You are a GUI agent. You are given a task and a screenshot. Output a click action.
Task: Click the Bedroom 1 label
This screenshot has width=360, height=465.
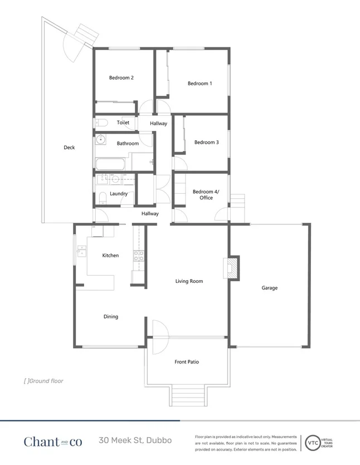click(x=200, y=84)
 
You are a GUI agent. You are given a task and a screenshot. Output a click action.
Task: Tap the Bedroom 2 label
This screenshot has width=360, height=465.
click(x=121, y=78)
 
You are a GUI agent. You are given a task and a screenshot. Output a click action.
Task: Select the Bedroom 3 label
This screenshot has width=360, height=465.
click(x=206, y=143)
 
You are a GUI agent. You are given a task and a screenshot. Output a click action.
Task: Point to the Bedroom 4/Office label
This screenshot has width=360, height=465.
click(x=206, y=194)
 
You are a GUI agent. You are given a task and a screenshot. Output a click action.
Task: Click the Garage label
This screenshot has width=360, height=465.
click(x=270, y=288)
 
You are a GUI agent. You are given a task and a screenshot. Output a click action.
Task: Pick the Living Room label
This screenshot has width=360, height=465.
click(x=189, y=281)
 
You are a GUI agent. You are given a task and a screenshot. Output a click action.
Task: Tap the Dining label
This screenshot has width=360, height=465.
click(x=110, y=317)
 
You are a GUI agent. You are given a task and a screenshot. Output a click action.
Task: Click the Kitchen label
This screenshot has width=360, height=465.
click(x=110, y=256)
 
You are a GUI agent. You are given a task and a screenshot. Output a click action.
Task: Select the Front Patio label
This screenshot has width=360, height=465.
click(x=186, y=362)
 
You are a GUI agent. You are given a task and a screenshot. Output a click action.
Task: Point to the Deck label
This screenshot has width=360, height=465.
click(x=69, y=148)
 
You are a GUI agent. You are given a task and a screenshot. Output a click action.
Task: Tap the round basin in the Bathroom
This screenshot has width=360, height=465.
click(x=101, y=139)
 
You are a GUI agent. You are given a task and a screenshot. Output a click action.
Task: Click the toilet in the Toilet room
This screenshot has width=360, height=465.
click(x=101, y=123)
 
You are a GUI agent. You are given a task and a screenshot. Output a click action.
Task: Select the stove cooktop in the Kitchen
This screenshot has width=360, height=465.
click(x=138, y=256)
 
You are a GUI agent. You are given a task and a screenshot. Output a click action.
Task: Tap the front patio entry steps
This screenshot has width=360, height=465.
click(x=186, y=395)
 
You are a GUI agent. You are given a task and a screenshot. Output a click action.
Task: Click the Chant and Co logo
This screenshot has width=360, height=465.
click(x=52, y=441)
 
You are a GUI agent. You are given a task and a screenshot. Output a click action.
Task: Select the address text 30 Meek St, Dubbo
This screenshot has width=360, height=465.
click(x=135, y=440)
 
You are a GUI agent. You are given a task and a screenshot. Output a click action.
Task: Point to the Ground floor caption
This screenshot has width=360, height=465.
click(x=43, y=381)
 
